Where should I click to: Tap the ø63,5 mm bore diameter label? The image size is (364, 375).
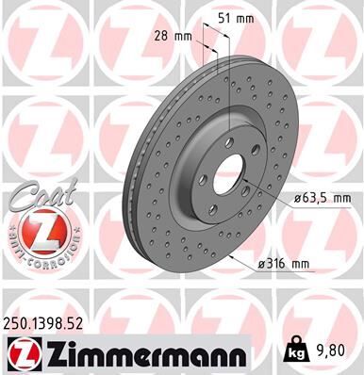[318, 199]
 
